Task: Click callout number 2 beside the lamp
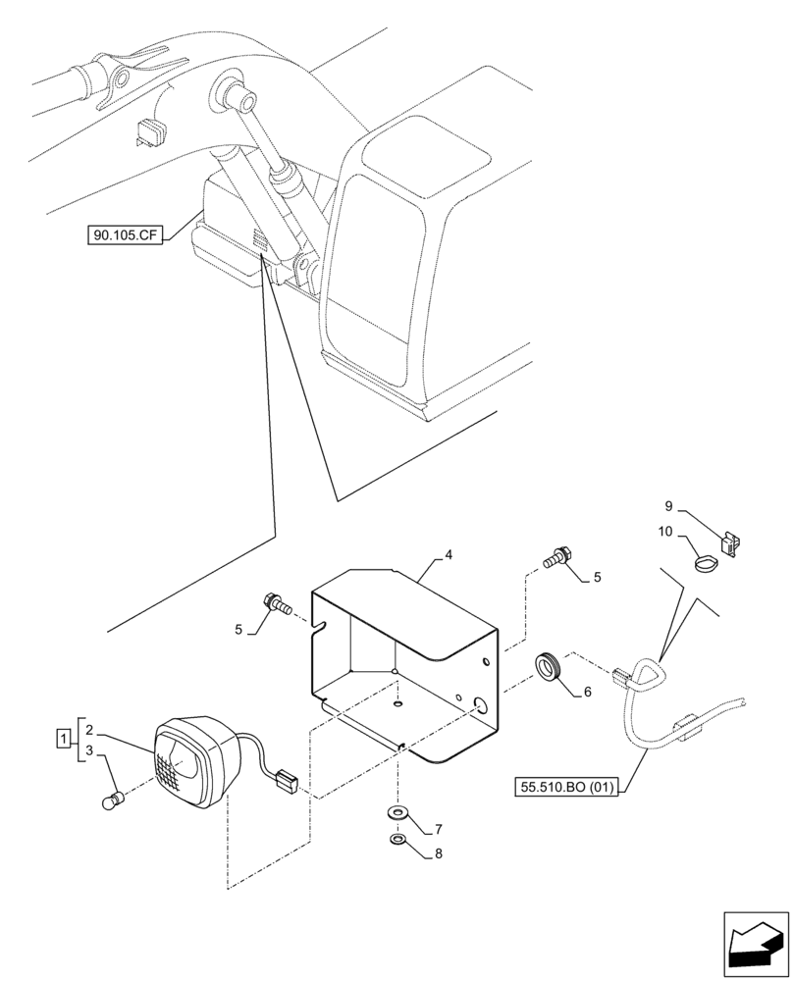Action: pos(89,730)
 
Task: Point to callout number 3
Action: pos(89,751)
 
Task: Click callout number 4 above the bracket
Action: pos(448,555)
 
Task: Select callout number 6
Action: pos(587,692)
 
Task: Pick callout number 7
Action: pos(439,829)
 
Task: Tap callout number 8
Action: pos(439,853)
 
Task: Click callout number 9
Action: pos(668,506)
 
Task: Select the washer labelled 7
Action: pos(398,813)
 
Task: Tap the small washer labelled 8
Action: pos(398,841)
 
